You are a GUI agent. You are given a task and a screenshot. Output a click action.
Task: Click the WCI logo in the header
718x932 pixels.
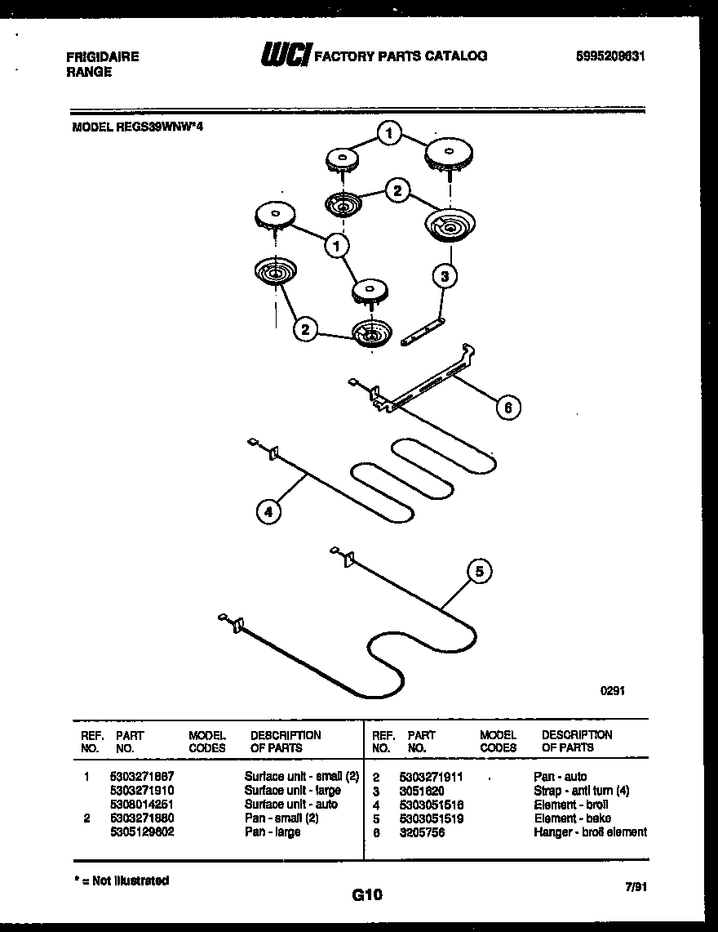click(285, 56)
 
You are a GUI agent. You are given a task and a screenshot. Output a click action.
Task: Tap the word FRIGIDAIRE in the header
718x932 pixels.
click(102, 56)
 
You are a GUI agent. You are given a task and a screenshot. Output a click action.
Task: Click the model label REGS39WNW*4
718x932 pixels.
click(137, 127)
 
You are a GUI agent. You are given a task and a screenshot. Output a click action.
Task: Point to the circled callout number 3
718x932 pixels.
click(444, 276)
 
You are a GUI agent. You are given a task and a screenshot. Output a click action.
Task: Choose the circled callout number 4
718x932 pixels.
click(267, 512)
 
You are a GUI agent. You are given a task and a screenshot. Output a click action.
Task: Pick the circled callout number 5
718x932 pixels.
click(480, 573)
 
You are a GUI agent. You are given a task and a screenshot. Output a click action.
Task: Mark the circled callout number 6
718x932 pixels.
click(507, 407)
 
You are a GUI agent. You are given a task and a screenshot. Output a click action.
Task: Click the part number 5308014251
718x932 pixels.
click(141, 804)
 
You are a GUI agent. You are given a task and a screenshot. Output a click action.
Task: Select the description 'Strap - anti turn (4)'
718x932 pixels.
click(581, 790)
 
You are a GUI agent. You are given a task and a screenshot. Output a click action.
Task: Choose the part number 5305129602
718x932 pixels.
click(141, 832)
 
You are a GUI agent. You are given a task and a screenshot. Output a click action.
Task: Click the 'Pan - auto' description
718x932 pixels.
click(560, 776)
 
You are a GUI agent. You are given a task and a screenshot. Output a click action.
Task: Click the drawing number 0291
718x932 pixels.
click(613, 690)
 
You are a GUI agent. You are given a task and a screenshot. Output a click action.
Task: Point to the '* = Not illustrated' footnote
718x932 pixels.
click(122, 881)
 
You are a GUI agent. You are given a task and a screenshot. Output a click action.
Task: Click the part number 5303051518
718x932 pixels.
click(431, 804)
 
